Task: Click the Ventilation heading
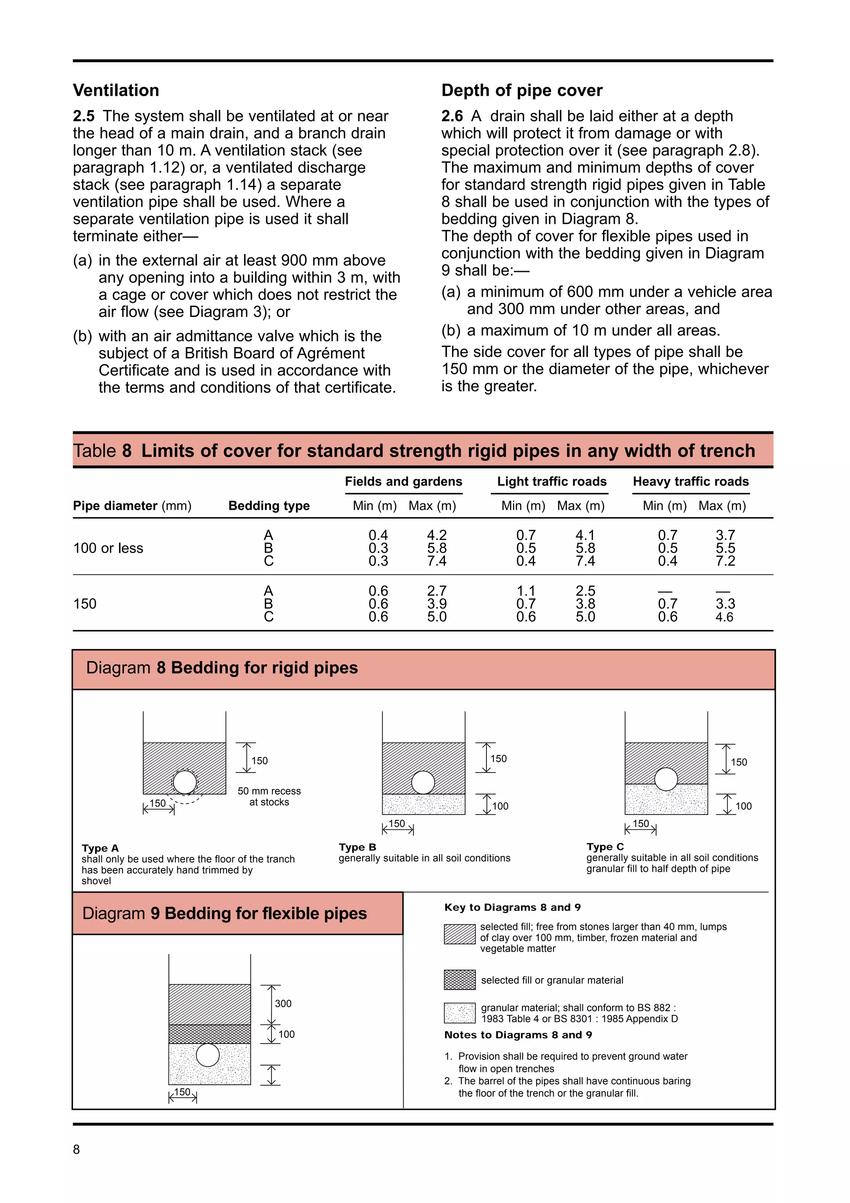pyautogui.click(x=116, y=90)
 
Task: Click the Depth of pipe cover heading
pyautogui.click(x=522, y=90)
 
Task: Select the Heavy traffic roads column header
pyautogui.click(x=690, y=482)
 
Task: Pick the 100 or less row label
pyautogui.click(x=108, y=548)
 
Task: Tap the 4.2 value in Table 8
pyautogui.click(x=436, y=535)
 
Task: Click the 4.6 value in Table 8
pyautogui.click(x=724, y=617)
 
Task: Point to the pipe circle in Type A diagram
pyautogui.click(x=184, y=782)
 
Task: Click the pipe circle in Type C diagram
pyautogui.click(x=666, y=779)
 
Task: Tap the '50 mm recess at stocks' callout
pyautogui.click(x=269, y=797)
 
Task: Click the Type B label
pyautogui.click(x=357, y=847)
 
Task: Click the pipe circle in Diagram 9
pyautogui.click(x=208, y=1055)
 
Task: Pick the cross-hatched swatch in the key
pyautogui.click(x=459, y=980)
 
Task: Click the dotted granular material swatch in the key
pyautogui.click(x=459, y=1013)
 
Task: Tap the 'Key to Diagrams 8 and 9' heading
pyautogui.click(x=512, y=907)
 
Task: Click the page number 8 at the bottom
pyautogui.click(x=76, y=1149)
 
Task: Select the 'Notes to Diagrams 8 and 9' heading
pyautogui.click(x=518, y=1035)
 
